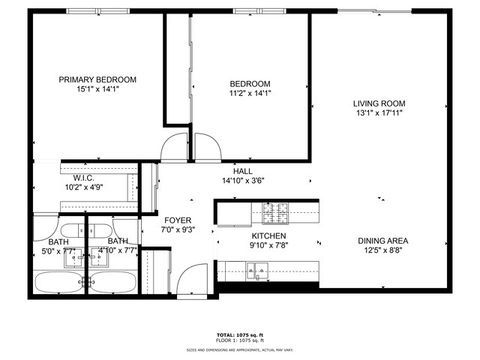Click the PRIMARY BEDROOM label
pyautogui.click(x=97, y=79)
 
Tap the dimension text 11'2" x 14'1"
pyautogui.click(x=250, y=93)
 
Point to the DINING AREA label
pyautogui.click(x=383, y=240)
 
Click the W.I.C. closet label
pyautogui.click(x=83, y=177)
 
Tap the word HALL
pyautogui.click(x=243, y=171)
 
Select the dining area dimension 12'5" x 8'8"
pyautogui.click(x=383, y=250)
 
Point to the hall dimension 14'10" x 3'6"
pyautogui.click(x=243, y=181)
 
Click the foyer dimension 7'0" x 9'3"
pyautogui.click(x=178, y=230)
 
